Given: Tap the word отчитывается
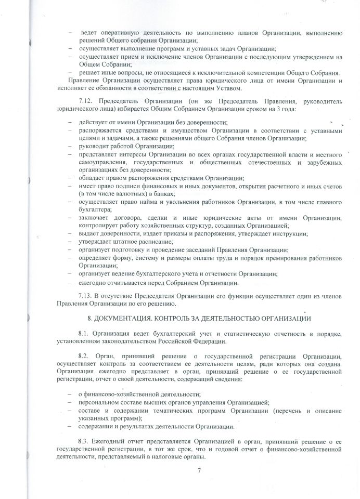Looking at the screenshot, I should pyautogui.click(x=120, y=283).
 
